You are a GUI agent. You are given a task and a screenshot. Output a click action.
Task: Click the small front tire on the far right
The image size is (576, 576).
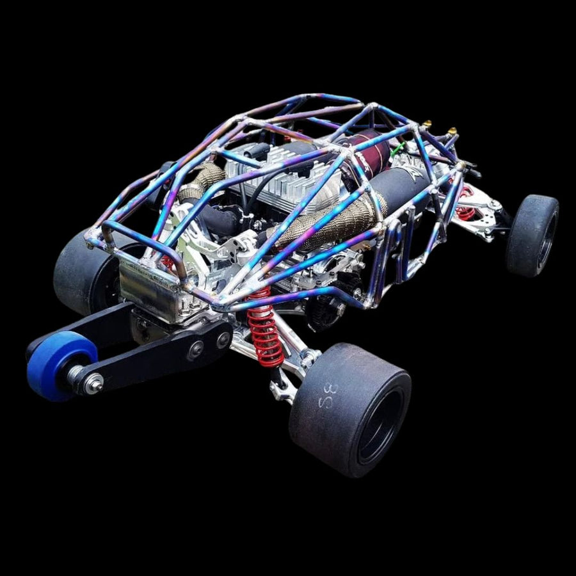tap(532, 235)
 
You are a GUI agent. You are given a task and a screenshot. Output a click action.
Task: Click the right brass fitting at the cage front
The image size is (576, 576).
tap(452, 132)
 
